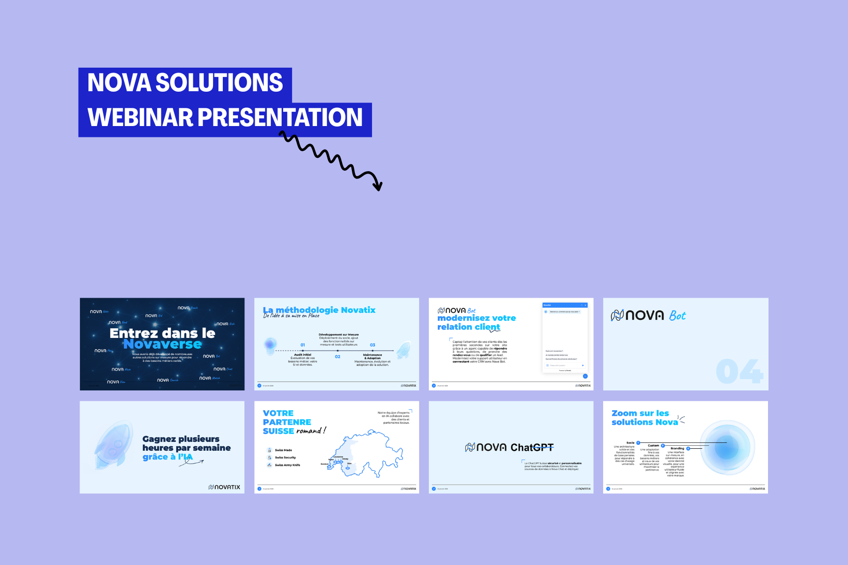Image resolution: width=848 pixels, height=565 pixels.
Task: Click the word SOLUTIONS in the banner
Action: (x=219, y=82)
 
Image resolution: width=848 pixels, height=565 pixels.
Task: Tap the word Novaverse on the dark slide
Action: (x=162, y=344)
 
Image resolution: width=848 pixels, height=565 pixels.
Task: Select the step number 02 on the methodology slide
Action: (x=338, y=357)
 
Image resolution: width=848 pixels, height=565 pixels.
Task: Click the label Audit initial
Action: (x=302, y=355)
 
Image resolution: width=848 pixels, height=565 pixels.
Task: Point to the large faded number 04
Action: (x=739, y=371)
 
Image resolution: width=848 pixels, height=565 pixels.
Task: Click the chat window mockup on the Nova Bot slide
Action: (x=565, y=338)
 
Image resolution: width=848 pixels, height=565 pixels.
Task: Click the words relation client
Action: (x=469, y=327)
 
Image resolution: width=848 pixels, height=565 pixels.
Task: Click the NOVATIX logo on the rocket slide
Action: (x=224, y=487)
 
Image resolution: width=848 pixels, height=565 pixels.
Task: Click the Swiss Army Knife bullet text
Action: (x=287, y=465)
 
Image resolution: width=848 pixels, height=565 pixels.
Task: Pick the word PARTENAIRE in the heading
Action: (x=287, y=422)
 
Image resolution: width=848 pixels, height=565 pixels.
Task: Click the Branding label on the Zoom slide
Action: (x=677, y=448)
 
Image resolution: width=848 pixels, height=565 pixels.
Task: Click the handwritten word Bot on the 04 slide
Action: (x=677, y=316)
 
